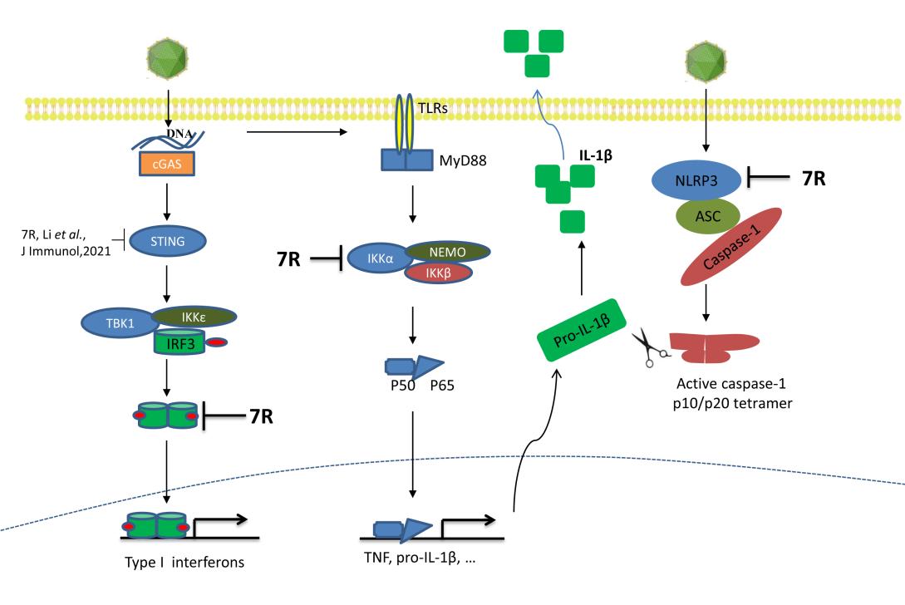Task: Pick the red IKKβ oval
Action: click(x=439, y=272)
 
